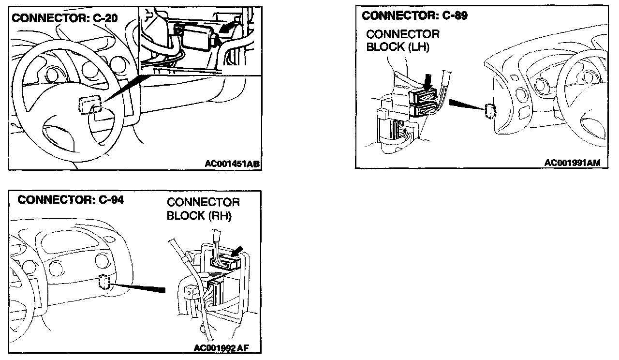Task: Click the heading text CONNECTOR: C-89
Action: click(414, 15)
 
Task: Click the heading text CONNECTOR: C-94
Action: click(71, 199)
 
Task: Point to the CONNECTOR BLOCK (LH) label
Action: click(402, 41)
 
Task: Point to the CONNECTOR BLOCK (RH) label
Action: click(203, 209)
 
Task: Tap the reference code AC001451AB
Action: click(232, 165)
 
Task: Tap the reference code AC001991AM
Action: click(572, 163)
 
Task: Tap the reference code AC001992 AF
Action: click(220, 348)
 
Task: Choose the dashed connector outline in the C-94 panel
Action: click(105, 281)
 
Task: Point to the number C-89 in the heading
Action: click(454, 15)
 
